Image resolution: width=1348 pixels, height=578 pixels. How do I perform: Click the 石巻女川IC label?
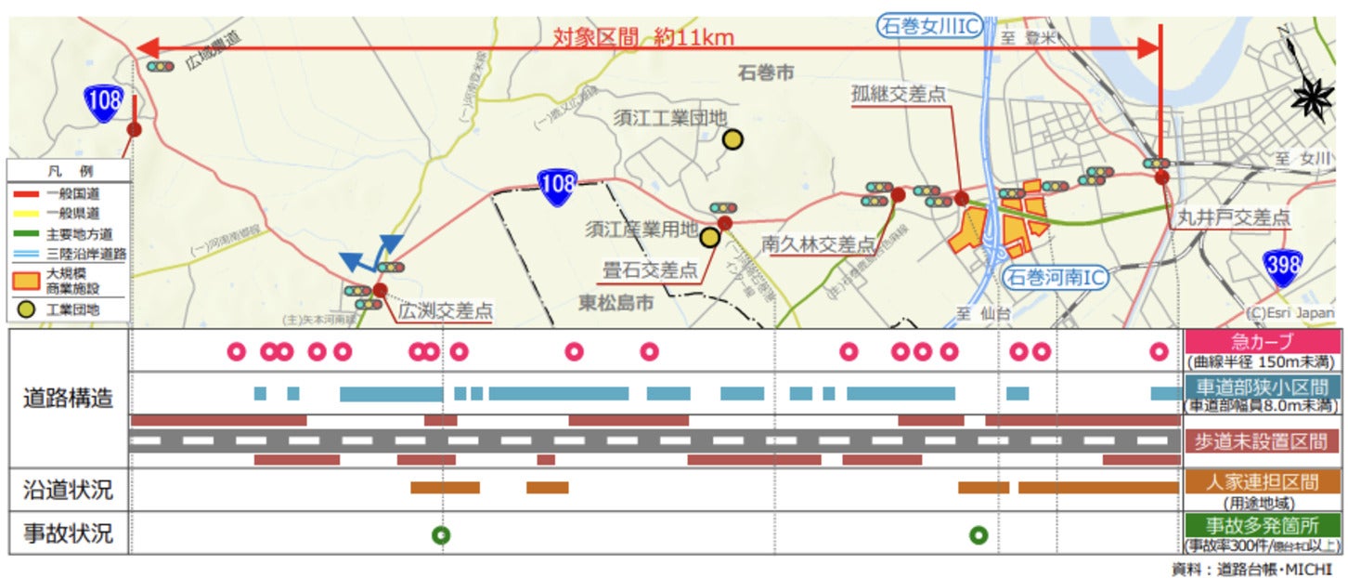[x=930, y=26]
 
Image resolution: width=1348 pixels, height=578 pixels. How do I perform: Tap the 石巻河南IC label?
[x=1058, y=276]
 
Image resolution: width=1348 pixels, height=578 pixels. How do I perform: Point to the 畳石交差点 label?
[x=650, y=270]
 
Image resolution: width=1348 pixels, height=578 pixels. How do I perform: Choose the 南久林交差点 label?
[x=818, y=244]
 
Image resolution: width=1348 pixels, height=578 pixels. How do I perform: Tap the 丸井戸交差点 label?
[x=1233, y=217]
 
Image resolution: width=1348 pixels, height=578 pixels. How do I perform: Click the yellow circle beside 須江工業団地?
[x=732, y=139]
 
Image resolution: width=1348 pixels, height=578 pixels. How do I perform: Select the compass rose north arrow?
[x=1312, y=93]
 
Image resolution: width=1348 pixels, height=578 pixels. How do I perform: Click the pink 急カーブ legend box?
[x=1263, y=341]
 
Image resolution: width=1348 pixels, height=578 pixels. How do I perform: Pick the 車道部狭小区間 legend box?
[x=1263, y=388]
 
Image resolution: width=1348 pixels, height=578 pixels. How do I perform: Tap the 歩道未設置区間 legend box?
[x=1263, y=441]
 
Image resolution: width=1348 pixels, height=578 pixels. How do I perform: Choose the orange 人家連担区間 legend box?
[x=1263, y=481]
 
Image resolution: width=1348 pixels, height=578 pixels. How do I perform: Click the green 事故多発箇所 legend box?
[x=1263, y=525]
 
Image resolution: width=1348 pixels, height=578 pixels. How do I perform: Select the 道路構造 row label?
[x=69, y=398]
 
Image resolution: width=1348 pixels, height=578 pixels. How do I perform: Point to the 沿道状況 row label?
[x=69, y=490]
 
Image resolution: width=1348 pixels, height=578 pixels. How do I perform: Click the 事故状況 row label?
[x=69, y=534]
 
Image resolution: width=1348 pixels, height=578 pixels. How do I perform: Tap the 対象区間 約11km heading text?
[x=643, y=37]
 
